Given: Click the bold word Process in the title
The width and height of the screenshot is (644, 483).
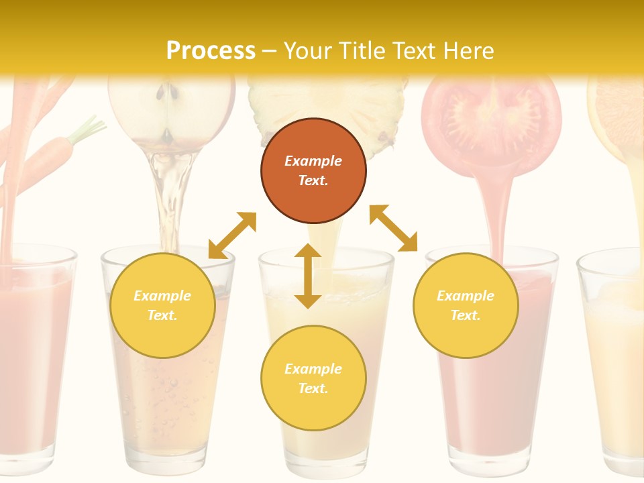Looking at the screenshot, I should [211, 51].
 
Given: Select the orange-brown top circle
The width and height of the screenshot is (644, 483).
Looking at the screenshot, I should [313, 171].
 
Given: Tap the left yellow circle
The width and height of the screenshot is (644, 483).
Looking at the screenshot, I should [162, 305].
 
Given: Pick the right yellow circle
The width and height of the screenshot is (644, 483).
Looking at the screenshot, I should [466, 305].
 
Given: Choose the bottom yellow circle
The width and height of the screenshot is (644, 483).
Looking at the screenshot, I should [313, 378].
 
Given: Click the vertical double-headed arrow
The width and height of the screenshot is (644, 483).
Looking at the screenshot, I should [308, 276].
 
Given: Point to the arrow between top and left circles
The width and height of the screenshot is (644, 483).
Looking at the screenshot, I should [232, 235].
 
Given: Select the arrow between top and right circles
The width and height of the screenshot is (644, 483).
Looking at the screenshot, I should [393, 228].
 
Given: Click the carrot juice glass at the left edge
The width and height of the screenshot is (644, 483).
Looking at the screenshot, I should [34, 356].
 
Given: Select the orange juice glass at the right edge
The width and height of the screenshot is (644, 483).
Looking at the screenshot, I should [614, 362].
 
